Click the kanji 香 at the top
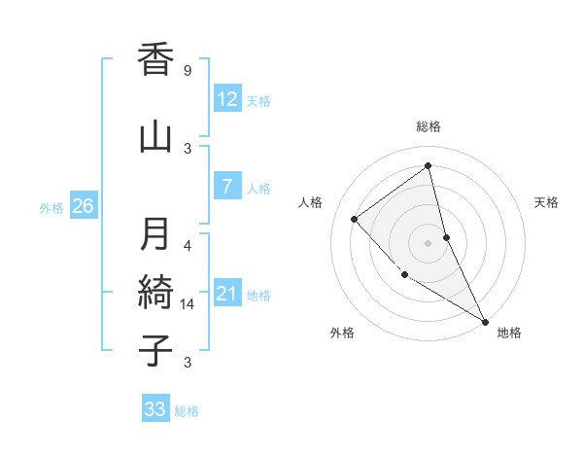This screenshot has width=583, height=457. (155, 61)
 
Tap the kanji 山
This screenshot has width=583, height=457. (155, 136)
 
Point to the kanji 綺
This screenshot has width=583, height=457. (155, 292)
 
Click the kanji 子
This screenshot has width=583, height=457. (155, 350)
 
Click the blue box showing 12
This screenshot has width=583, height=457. (227, 99)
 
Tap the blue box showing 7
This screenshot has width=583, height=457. (227, 187)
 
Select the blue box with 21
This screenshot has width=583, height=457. (227, 294)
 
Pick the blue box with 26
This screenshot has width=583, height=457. (83, 206)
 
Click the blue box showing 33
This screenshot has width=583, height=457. (155, 409)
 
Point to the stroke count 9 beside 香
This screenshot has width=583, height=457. (188, 71)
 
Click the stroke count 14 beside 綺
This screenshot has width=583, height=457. (188, 304)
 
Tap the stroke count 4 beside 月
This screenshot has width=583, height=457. (188, 245)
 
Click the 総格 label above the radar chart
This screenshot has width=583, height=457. (429, 126)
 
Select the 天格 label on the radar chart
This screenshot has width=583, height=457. (547, 202)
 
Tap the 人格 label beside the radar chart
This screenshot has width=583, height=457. (311, 202)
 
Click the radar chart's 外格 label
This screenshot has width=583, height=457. (342, 333)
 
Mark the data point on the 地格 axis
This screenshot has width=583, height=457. (485, 321)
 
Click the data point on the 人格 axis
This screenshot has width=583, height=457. (355, 219)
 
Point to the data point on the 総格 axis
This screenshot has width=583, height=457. (429, 166)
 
